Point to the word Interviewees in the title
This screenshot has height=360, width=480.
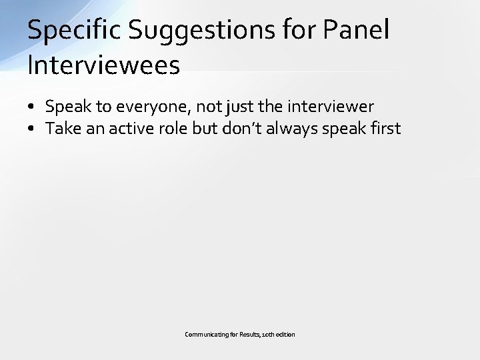[x=103, y=65]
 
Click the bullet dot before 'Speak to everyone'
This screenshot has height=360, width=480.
[x=31, y=107]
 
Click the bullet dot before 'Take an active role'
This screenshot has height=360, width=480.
[x=31, y=129]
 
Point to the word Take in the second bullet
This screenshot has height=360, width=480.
[x=62, y=128]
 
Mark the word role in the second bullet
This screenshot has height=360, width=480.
[x=173, y=128]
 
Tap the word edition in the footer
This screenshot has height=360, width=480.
[x=285, y=334]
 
